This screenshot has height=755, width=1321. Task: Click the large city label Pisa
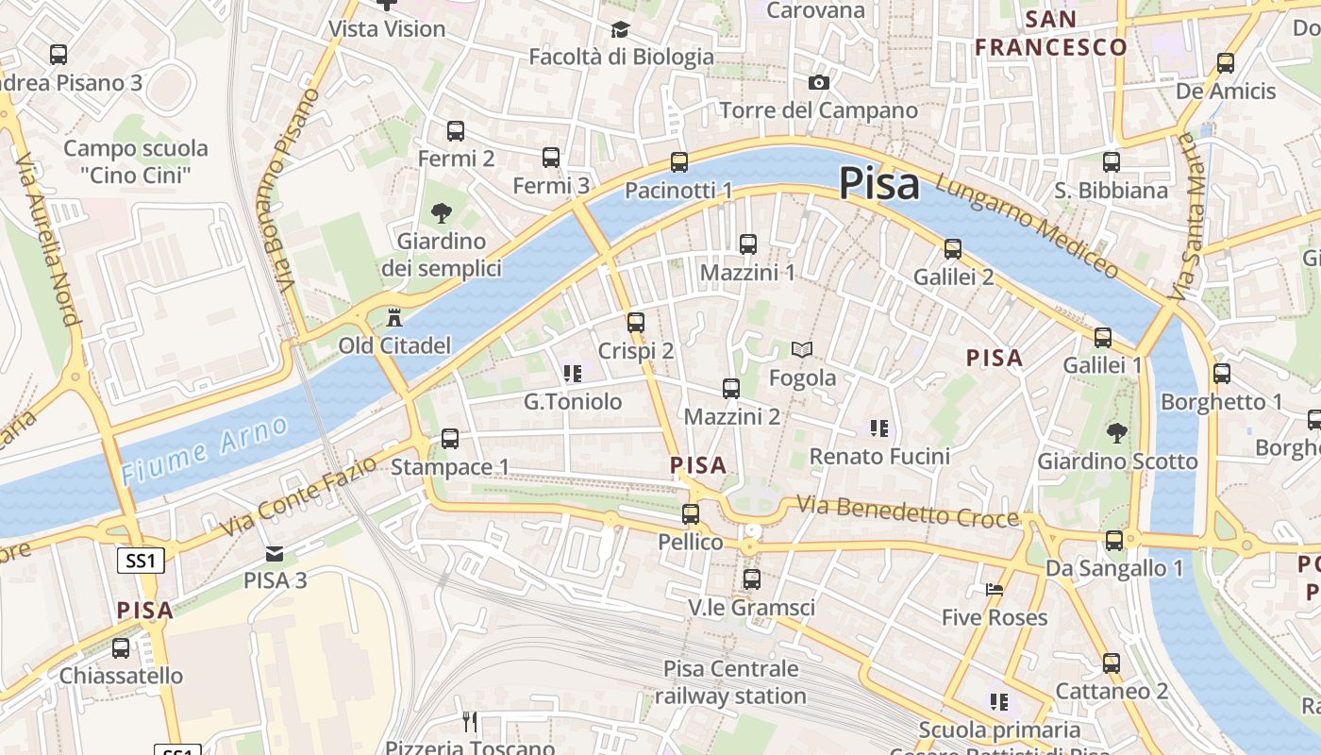tap(878, 183)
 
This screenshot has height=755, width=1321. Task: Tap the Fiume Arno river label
tap(205, 451)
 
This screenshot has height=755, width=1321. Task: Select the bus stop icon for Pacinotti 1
tap(679, 162)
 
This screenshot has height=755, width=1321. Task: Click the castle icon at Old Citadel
tap(394, 317)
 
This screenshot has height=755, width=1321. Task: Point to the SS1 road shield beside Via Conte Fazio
tap(141, 561)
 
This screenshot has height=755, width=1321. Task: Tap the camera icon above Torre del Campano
tap(819, 83)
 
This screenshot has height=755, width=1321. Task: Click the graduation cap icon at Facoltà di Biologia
tap(620, 30)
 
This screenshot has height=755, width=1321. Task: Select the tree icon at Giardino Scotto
tap(1117, 433)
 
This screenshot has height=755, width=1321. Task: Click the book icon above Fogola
tap(802, 350)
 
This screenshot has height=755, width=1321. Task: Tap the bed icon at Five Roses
tap(995, 590)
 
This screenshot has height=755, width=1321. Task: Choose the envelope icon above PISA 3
tap(275, 553)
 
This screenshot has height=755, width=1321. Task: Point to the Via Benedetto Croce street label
tap(908, 512)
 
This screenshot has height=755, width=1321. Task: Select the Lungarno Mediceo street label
tap(1027, 226)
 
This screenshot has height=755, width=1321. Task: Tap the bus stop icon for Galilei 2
tap(953, 249)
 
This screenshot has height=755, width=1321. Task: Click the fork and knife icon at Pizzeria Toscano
tap(470, 723)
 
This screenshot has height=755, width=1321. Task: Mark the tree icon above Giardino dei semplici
tap(441, 213)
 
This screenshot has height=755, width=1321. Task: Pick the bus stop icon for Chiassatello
tap(121, 648)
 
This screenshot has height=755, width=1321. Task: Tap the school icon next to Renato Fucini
tap(879, 428)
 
